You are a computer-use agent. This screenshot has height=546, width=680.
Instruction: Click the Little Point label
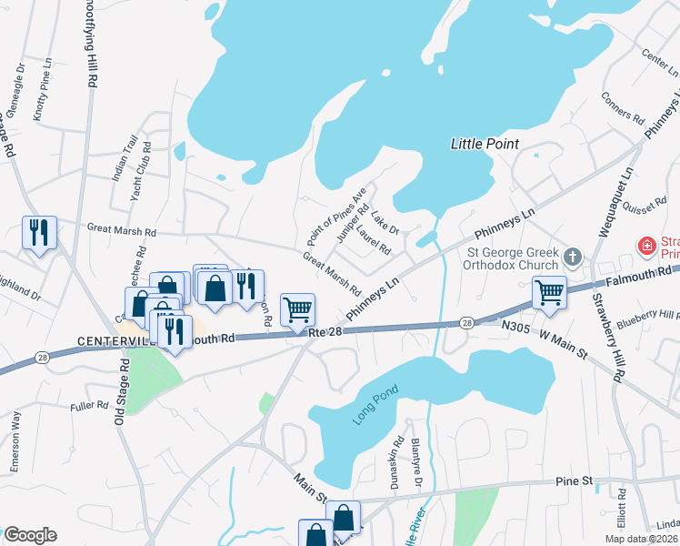tap(485, 144)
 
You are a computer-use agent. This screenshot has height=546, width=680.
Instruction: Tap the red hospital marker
tap(646, 246)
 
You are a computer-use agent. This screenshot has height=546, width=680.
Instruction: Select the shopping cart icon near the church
tap(549, 292)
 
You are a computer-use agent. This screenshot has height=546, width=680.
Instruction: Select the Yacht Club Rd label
tap(140, 173)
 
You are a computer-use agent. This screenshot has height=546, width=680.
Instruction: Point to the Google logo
tap(30, 535)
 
